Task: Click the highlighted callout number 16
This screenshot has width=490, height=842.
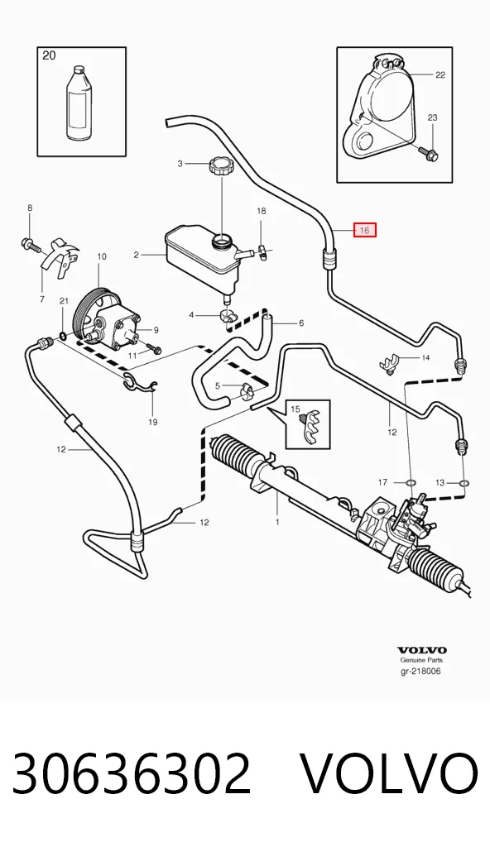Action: click(364, 231)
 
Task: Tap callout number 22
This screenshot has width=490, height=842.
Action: click(440, 74)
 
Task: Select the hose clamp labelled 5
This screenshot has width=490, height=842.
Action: click(247, 390)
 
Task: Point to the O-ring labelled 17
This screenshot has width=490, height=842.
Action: click(410, 483)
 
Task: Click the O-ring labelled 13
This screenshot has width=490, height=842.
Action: click(464, 485)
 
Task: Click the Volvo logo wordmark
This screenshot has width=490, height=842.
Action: click(422, 650)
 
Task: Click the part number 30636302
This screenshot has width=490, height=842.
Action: click(131, 774)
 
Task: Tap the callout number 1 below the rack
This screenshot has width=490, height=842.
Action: click(277, 521)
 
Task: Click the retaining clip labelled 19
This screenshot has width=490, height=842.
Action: click(138, 380)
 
